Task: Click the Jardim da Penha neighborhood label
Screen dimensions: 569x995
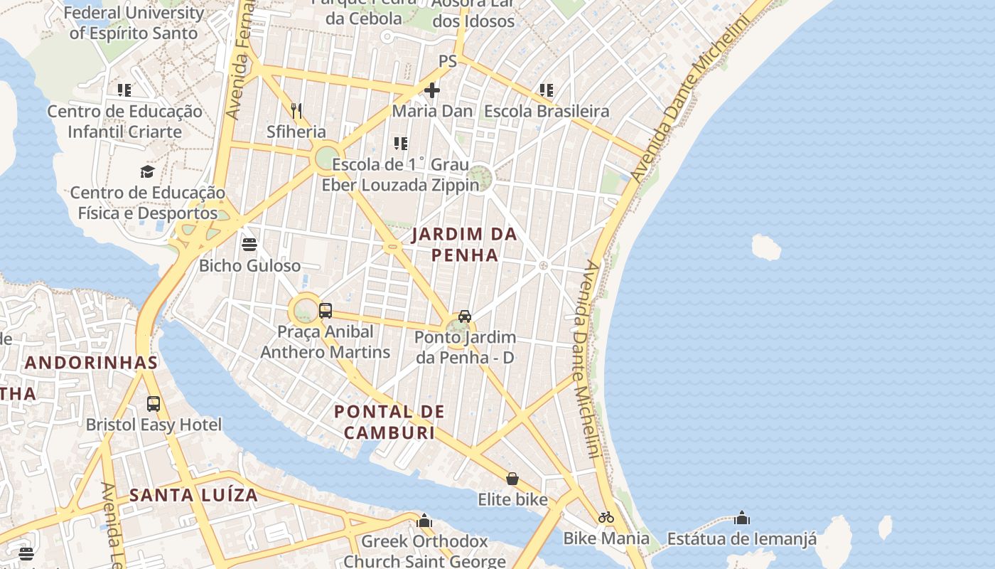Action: point(464,244)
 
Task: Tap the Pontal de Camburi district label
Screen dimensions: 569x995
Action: point(389,422)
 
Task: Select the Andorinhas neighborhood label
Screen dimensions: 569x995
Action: point(91,363)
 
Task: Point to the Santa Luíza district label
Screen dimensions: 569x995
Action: point(193,495)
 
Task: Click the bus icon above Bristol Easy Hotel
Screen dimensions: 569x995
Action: point(154,404)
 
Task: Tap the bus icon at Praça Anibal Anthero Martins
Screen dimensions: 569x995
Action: point(326,310)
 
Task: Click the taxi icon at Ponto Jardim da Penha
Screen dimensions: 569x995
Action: point(465,316)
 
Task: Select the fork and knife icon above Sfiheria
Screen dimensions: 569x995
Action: point(296,110)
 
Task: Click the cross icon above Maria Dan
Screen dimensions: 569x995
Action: point(432,90)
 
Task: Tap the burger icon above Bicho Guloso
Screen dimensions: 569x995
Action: point(249,245)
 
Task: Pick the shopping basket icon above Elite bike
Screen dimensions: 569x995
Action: point(512,479)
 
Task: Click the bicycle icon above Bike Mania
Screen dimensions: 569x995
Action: point(606,517)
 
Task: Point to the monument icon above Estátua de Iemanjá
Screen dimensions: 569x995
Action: point(742,518)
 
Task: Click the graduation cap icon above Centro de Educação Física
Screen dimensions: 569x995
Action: point(147,171)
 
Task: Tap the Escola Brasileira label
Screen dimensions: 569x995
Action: point(547,112)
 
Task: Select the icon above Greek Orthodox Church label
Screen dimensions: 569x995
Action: point(424,521)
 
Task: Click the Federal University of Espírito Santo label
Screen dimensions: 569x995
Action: point(134,23)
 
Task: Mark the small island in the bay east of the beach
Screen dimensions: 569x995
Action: point(766,248)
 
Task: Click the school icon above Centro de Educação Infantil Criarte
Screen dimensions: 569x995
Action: point(124,90)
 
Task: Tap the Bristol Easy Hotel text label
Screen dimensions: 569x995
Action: point(154,425)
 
